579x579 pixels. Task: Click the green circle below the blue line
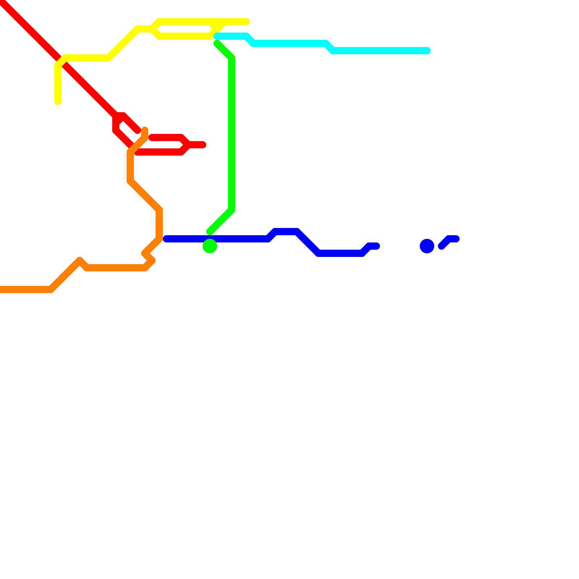(210, 246)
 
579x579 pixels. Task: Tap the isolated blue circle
(427, 246)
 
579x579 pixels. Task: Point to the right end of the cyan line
(427, 51)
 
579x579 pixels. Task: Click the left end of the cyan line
(217, 36)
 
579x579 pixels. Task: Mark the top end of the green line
(217, 44)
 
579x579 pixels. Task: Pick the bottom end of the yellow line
(58, 102)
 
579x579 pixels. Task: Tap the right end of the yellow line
(246, 22)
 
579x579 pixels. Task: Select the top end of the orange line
(145, 130)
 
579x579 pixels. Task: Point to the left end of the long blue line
(166, 239)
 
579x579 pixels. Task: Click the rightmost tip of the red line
(203, 145)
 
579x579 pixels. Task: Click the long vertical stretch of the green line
(232, 134)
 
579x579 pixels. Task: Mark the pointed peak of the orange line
(80, 260)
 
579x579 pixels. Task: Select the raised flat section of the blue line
(286, 232)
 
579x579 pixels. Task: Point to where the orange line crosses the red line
(133, 149)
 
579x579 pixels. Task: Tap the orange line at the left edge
(2, 289)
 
